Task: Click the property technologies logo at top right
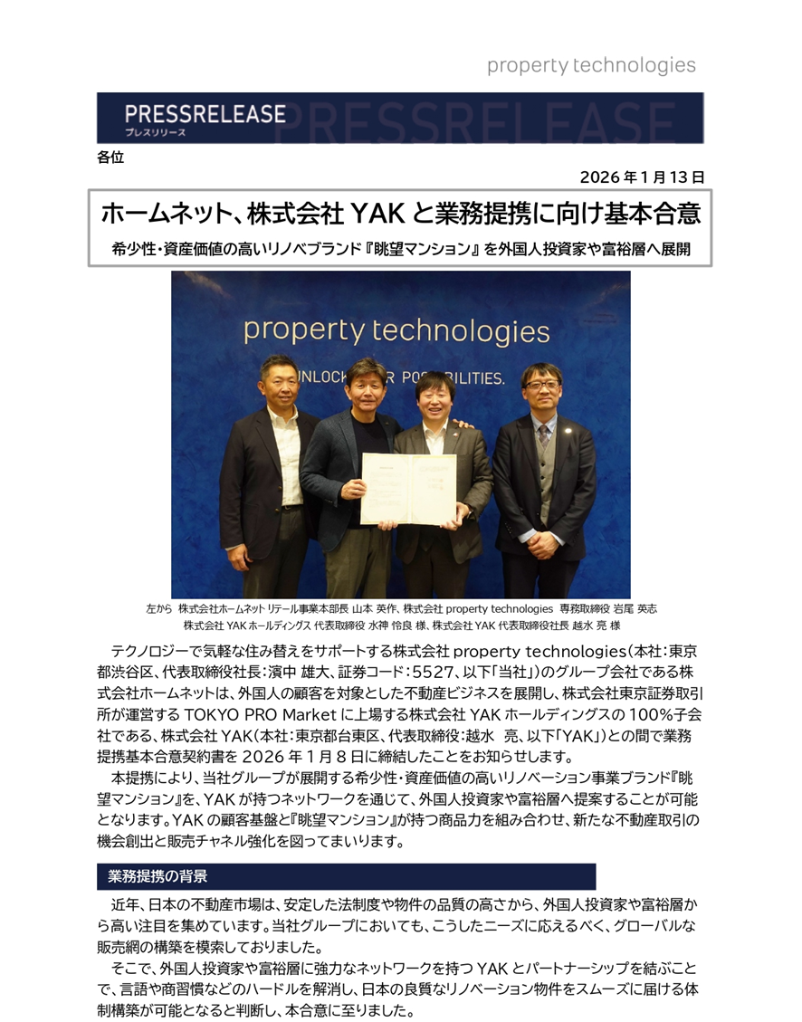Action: point(591,65)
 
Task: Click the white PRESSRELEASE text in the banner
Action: point(206,115)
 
